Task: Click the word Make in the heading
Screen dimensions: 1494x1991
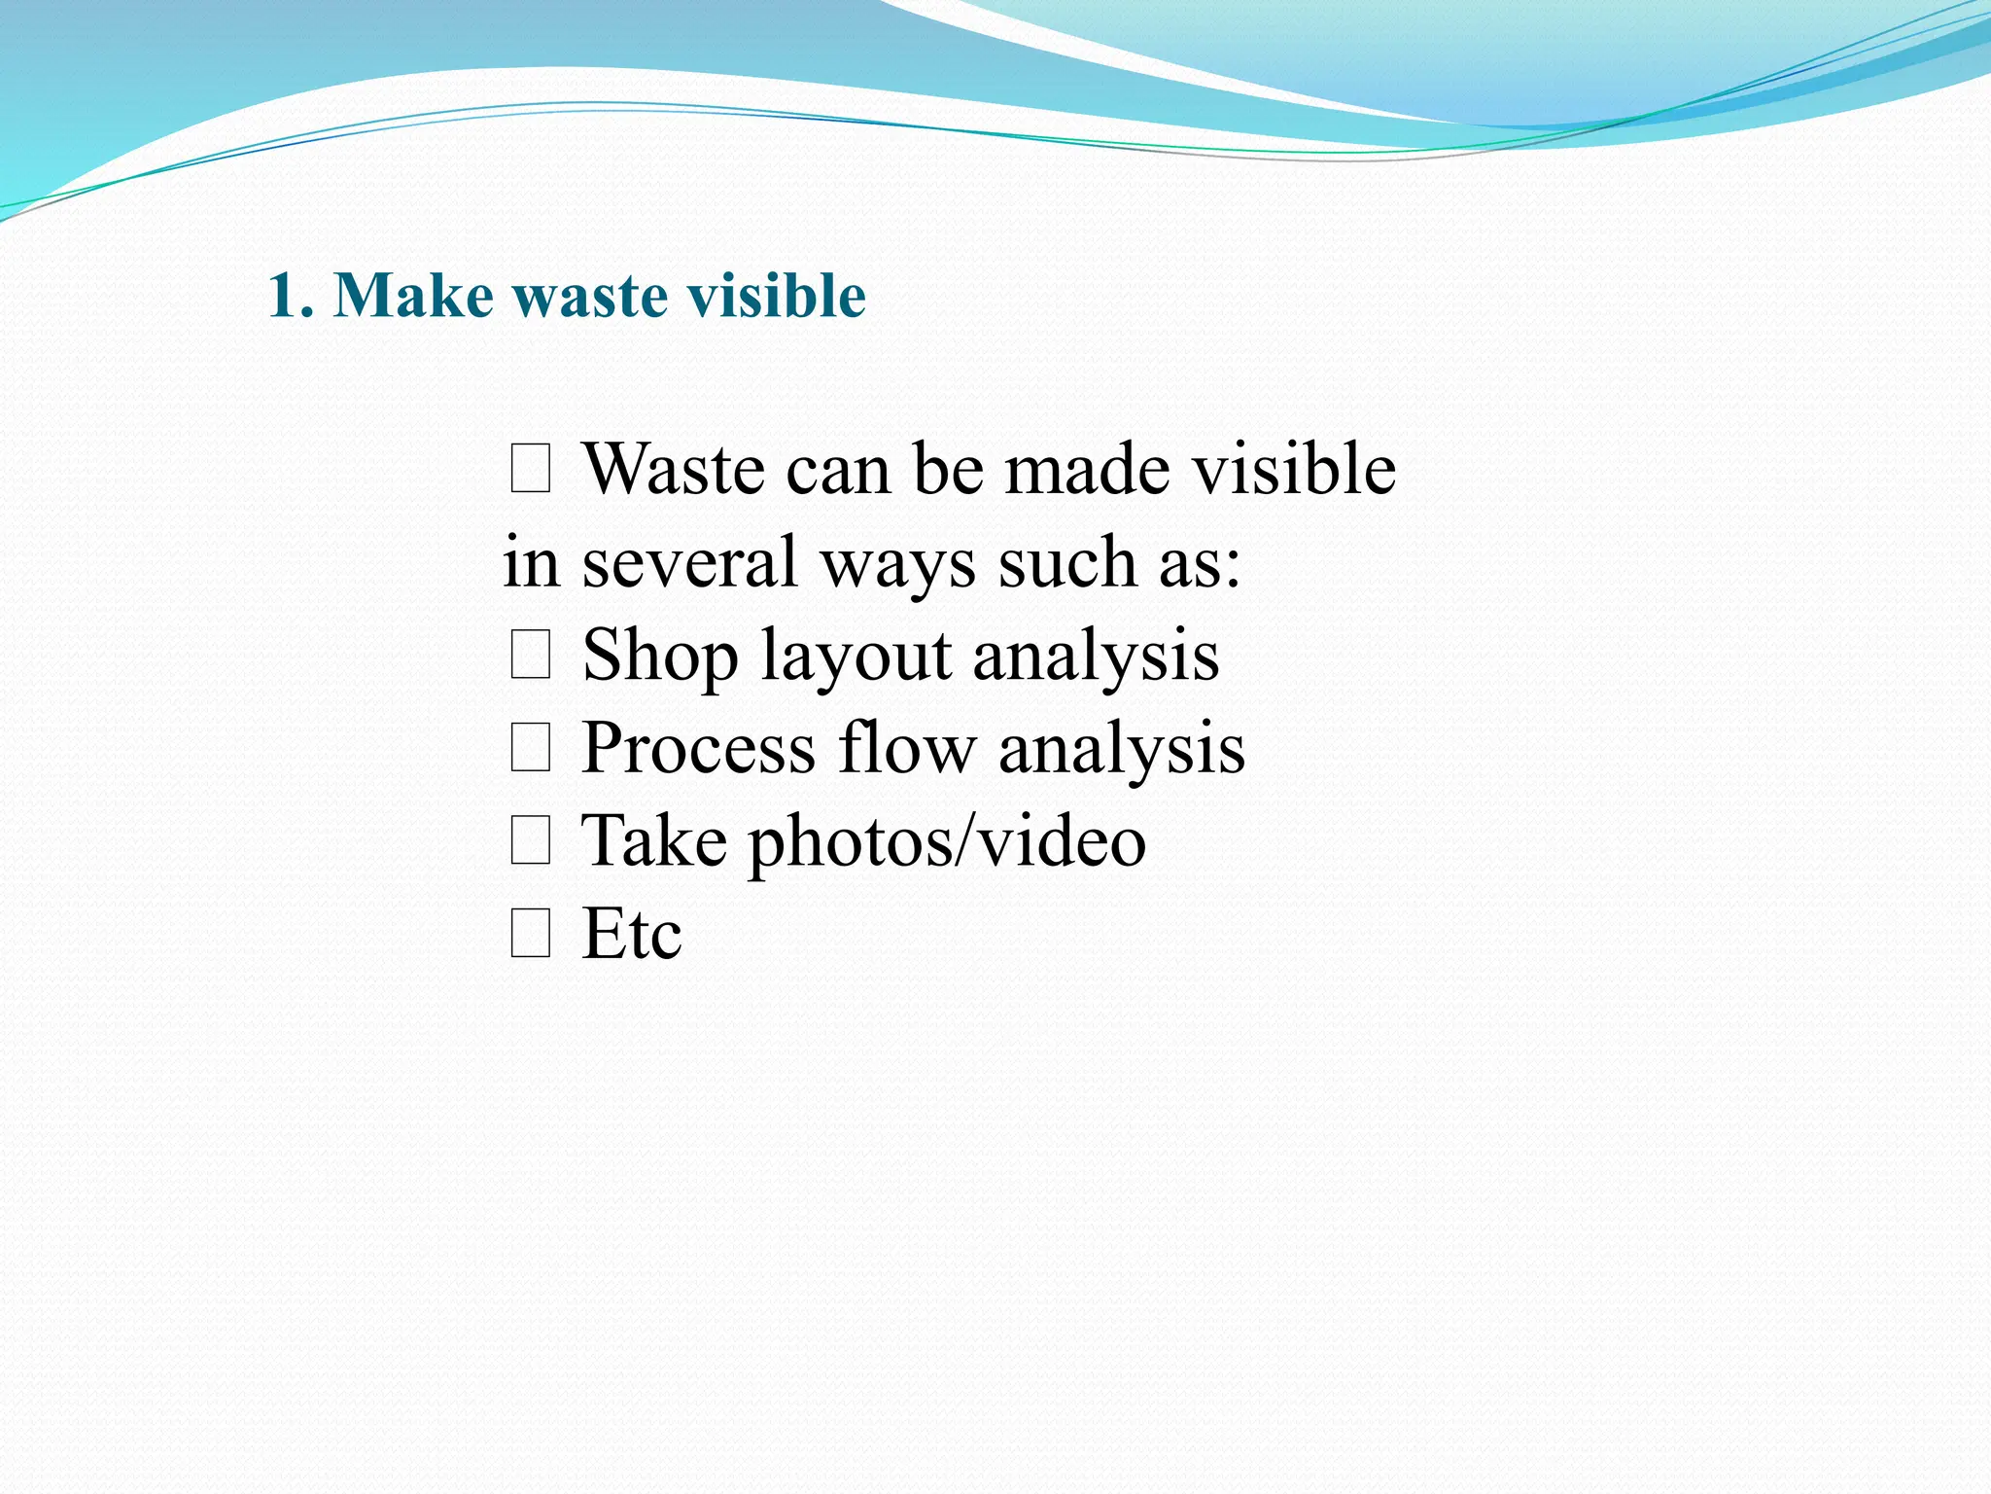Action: click(x=413, y=296)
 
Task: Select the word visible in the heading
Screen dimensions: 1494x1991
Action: click(x=777, y=296)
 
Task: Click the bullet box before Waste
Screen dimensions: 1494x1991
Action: click(x=531, y=469)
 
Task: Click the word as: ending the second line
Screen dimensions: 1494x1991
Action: click(x=1200, y=562)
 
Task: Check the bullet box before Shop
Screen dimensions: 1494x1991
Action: click(x=531, y=655)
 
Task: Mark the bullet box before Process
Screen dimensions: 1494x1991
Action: click(x=531, y=748)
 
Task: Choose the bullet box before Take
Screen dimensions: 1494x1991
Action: click(x=531, y=840)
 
